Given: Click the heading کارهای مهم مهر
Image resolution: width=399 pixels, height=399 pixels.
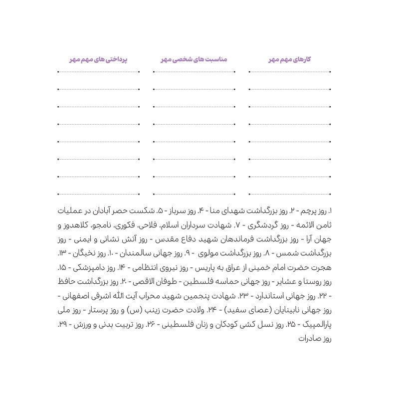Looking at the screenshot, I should click(290, 59).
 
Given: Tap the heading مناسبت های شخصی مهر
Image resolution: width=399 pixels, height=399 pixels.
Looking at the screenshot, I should click(194, 59).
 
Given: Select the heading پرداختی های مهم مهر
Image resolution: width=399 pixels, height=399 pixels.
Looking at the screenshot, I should click(98, 59).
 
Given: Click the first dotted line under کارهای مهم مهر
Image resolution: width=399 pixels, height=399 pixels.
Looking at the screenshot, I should click(290, 72).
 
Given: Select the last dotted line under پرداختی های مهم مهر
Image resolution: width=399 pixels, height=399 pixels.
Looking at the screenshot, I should click(98, 194).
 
